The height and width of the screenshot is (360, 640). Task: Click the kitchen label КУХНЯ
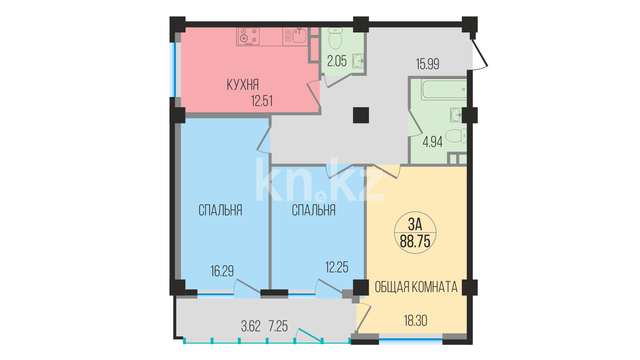pyautogui.click(x=243, y=85)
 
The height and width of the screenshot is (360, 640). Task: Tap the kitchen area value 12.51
pyautogui.click(x=262, y=101)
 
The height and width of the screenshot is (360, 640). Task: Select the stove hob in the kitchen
pyautogui.click(x=248, y=36)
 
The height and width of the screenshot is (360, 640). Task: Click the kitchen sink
pyautogui.click(x=295, y=36)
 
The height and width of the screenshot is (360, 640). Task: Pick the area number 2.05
pyautogui.click(x=337, y=61)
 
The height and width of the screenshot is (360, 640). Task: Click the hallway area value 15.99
pyautogui.click(x=427, y=64)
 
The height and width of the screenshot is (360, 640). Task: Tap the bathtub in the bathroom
pyautogui.click(x=444, y=89)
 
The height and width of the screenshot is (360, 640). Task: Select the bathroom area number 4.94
pyautogui.click(x=432, y=142)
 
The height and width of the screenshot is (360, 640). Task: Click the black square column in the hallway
pyautogui.click(x=361, y=115)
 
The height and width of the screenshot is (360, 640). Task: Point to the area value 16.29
pyautogui.click(x=222, y=271)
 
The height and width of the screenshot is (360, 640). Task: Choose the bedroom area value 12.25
pyautogui.click(x=337, y=267)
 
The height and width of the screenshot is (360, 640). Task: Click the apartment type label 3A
pyautogui.click(x=415, y=224)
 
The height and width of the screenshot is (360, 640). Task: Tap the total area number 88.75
pyautogui.click(x=415, y=241)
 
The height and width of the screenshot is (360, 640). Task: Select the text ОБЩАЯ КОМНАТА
pyautogui.click(x=416, y=287)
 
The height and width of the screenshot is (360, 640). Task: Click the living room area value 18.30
pyautogui.click(x=415, y=321)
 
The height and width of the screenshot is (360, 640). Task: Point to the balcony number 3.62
pyautogui.click(x=251, y=326)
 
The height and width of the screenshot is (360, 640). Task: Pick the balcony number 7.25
pyautogui.click(x=278, y=326)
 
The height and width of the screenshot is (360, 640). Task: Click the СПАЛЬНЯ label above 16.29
pyautogui.click(x=220, y=210)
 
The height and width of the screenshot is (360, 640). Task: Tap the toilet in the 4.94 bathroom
pyautogui.click(x=456, y=136)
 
